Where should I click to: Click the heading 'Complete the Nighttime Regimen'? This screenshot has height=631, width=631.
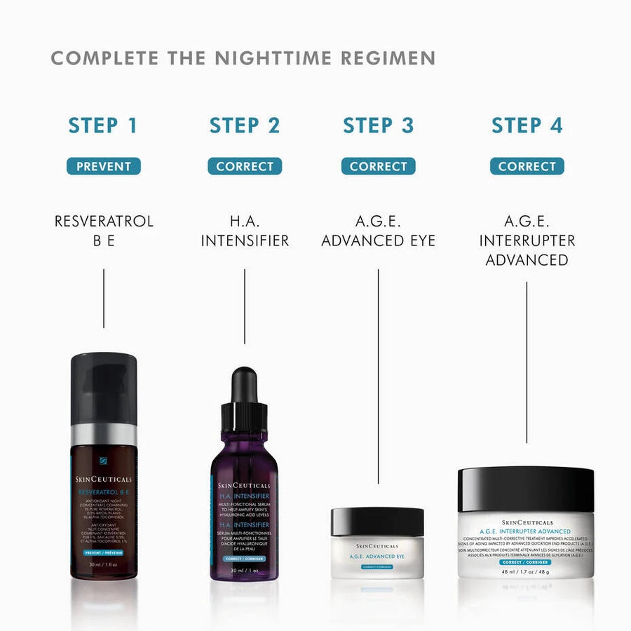243,57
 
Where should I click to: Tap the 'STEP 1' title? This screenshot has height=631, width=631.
103,125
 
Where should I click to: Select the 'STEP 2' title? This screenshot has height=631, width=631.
245,125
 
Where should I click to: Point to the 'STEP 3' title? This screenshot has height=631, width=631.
379,125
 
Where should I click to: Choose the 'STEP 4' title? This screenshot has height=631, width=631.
527,125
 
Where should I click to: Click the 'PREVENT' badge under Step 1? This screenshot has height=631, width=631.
104,166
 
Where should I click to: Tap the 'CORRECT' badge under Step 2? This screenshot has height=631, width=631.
245,166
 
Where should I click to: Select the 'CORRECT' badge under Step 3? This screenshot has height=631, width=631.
379,166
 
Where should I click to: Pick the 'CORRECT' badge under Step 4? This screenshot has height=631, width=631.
527,166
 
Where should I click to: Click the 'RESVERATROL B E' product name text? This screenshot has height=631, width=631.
104,231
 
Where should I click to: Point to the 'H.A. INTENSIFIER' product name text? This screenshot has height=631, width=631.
245,231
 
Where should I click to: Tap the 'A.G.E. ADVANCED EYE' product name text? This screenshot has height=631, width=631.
379,231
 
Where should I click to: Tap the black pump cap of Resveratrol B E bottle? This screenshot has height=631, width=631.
104,389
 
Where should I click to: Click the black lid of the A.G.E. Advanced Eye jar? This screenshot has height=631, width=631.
377,522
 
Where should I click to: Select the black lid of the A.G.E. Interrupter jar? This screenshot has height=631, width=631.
526,489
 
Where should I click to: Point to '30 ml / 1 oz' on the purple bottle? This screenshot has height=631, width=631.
245,570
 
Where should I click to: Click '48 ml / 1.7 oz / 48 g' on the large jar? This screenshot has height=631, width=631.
526,571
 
